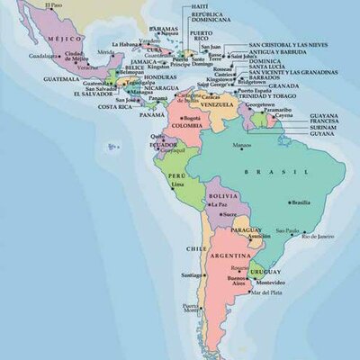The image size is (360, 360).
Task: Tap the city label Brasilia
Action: coord(302,202)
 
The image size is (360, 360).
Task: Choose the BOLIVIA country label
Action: coord(222,195)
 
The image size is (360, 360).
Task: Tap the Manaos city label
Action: coord(242,146)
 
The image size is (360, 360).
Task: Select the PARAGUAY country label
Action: coord(246,230)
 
